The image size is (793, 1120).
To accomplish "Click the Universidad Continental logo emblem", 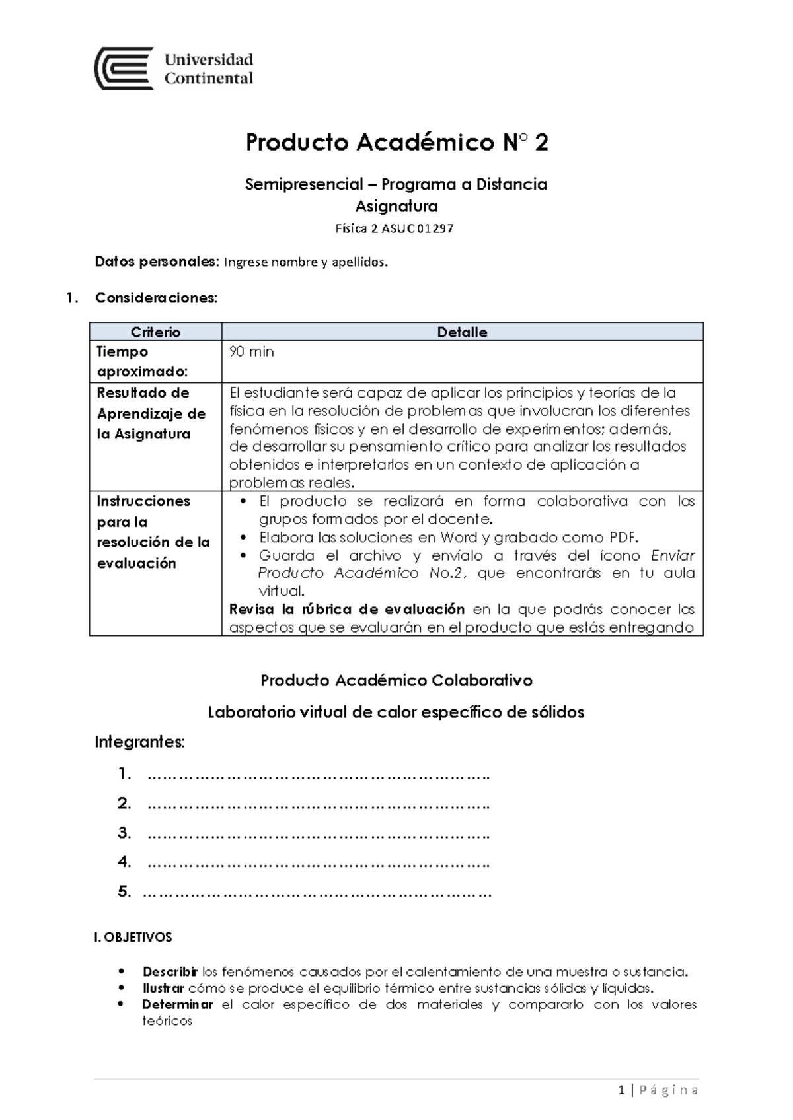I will [x=124, y=68].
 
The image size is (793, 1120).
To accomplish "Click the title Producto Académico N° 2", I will [x=397, y=143].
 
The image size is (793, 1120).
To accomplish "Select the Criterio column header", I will [x=155, y=332].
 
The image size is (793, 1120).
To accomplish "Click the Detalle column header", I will [x=462, y=332].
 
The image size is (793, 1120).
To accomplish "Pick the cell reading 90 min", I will [x=251, y=352].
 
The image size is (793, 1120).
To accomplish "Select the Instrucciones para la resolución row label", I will [x=153, y=532].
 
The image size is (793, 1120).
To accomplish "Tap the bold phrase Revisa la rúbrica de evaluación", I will [x=346, y=609].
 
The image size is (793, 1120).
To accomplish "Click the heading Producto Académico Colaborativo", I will [x=397, y=680].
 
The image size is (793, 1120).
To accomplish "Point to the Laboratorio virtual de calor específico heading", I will [x=397, y=712].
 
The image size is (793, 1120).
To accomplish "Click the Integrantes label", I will [x=139, y=742].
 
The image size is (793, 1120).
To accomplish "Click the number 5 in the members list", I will [x=124, y=892].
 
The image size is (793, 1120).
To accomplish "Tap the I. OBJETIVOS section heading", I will [x=133, y=937].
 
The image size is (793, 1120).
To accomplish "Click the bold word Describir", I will [x=170, y=972].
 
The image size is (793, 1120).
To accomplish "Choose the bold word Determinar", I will [x=177, y=1004].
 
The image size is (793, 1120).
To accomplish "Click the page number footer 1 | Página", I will [x=658, y=1090].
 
